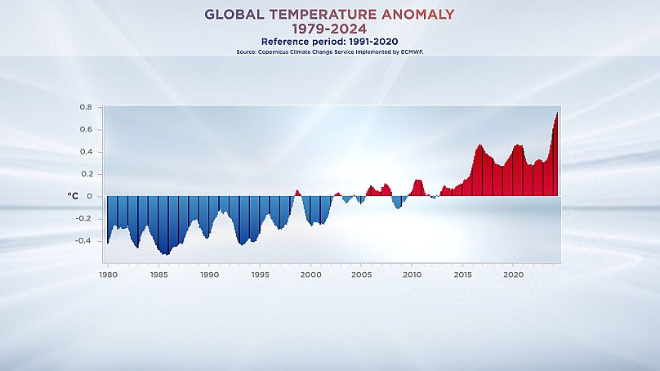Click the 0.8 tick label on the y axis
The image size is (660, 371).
click(85, 107)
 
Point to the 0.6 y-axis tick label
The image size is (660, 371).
click(85, 129)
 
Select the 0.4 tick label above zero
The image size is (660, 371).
click(85, 152)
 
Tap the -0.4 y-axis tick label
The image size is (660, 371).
click(83, 241)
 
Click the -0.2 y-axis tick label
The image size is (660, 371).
click(83, 219)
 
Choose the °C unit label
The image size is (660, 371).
click(73, 196)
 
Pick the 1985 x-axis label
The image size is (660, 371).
click(158, 275)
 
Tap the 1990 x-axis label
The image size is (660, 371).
click(209, 275)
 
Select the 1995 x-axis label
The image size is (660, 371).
click(260, 275)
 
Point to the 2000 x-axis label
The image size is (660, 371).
click(310, 275)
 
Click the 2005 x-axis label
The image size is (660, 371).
click(361, 275)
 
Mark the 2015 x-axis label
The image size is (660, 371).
click(462, 275)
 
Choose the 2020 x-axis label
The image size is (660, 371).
click(513, 275)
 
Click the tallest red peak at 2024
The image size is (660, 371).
click(557, 114)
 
